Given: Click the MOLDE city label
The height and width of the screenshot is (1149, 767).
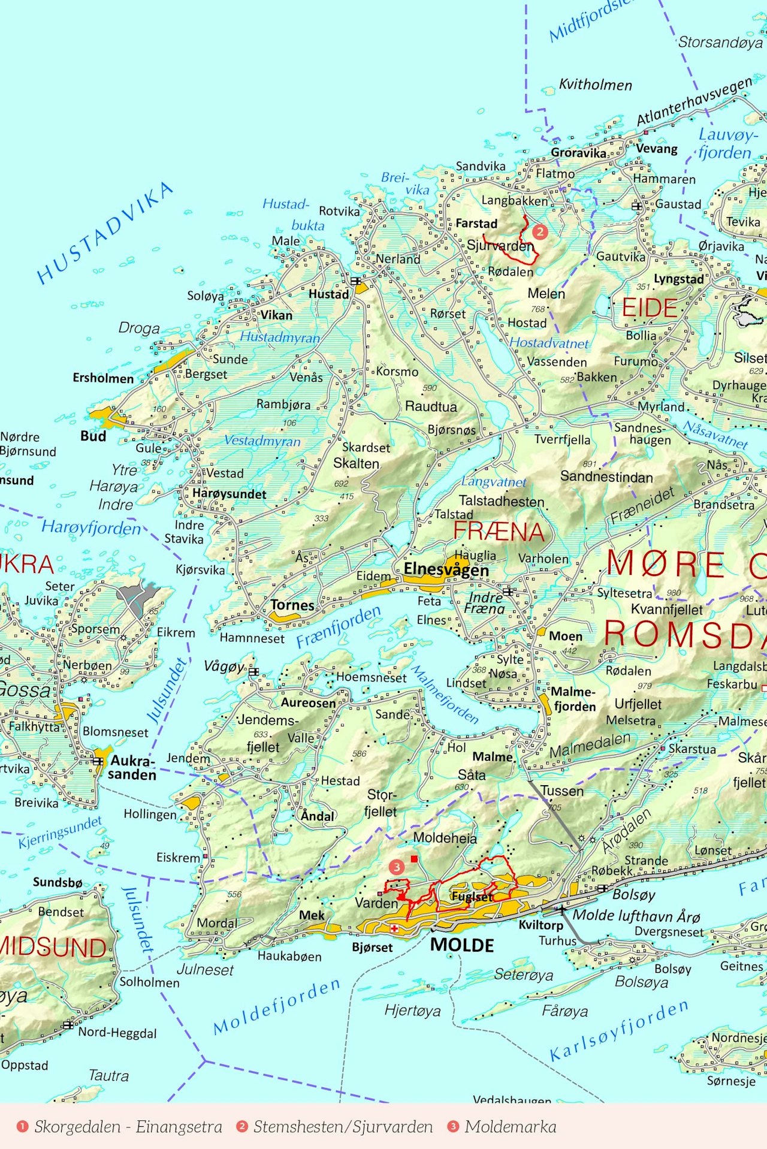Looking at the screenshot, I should coord(462,945).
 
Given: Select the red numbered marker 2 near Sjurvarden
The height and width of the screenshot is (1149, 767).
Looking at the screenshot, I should coord(540,231).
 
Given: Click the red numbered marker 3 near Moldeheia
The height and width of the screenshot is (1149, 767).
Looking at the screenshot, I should coord(396,867).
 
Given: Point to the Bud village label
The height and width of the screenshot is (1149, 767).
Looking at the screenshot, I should coord(93,436).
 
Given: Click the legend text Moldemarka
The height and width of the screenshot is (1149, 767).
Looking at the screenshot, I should coord(510,1127).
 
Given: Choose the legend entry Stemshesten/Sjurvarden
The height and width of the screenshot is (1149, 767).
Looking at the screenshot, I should coord(342,1127).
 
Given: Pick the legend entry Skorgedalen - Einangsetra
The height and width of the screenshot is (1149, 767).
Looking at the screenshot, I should coord(128,1127).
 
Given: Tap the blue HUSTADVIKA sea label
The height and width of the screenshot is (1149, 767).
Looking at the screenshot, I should coord(105,233).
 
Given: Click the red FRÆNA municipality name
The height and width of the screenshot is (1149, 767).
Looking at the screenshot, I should coord(499,532).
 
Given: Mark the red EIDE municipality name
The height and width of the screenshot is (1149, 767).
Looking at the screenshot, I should coord(650,308).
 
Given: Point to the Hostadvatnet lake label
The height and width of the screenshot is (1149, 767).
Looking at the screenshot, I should coord(549,343).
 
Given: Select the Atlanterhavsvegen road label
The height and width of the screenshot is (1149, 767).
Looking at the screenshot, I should coord(694,102).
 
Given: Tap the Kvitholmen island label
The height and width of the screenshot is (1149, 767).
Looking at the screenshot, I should coord(595,85).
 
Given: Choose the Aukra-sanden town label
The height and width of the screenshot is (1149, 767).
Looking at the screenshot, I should coord(132,768).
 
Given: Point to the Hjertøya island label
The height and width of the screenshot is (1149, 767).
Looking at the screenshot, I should coord(412,1011).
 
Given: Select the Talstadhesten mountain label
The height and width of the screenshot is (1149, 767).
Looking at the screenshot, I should coord(502,501).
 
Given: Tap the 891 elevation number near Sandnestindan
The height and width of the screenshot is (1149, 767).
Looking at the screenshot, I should coord(589,464).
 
